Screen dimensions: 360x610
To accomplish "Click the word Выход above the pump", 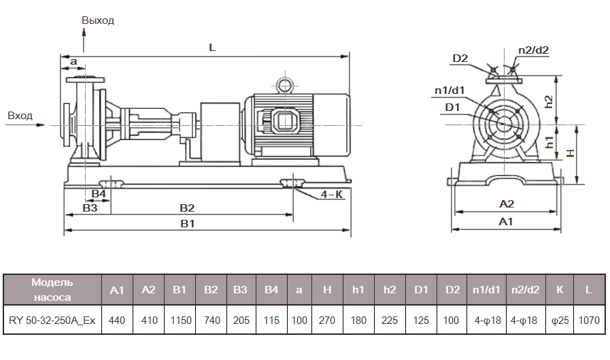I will point(98,20).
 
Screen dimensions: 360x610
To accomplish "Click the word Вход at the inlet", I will point(20,116).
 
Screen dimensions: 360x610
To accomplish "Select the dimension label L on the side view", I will point(212,48).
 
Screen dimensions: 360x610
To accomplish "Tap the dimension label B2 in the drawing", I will point(187,208).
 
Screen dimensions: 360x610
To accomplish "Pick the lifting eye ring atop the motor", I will point(282,84).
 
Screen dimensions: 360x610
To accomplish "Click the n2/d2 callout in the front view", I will point(533,50).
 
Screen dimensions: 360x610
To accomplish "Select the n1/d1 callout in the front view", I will point(450,90).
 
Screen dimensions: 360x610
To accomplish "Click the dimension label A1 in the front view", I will point(506,222).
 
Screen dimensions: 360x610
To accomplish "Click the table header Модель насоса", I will point(52,289).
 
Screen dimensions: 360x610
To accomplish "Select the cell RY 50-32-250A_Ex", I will point(52,319).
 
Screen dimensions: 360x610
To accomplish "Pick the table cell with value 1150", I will point(180,319).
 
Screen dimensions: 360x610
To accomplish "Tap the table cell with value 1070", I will point(588,319).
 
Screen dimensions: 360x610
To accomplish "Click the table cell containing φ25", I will point(560,319).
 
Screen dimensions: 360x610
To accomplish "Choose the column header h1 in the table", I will point(358,289).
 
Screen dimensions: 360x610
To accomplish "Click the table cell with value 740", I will point(211,319).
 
